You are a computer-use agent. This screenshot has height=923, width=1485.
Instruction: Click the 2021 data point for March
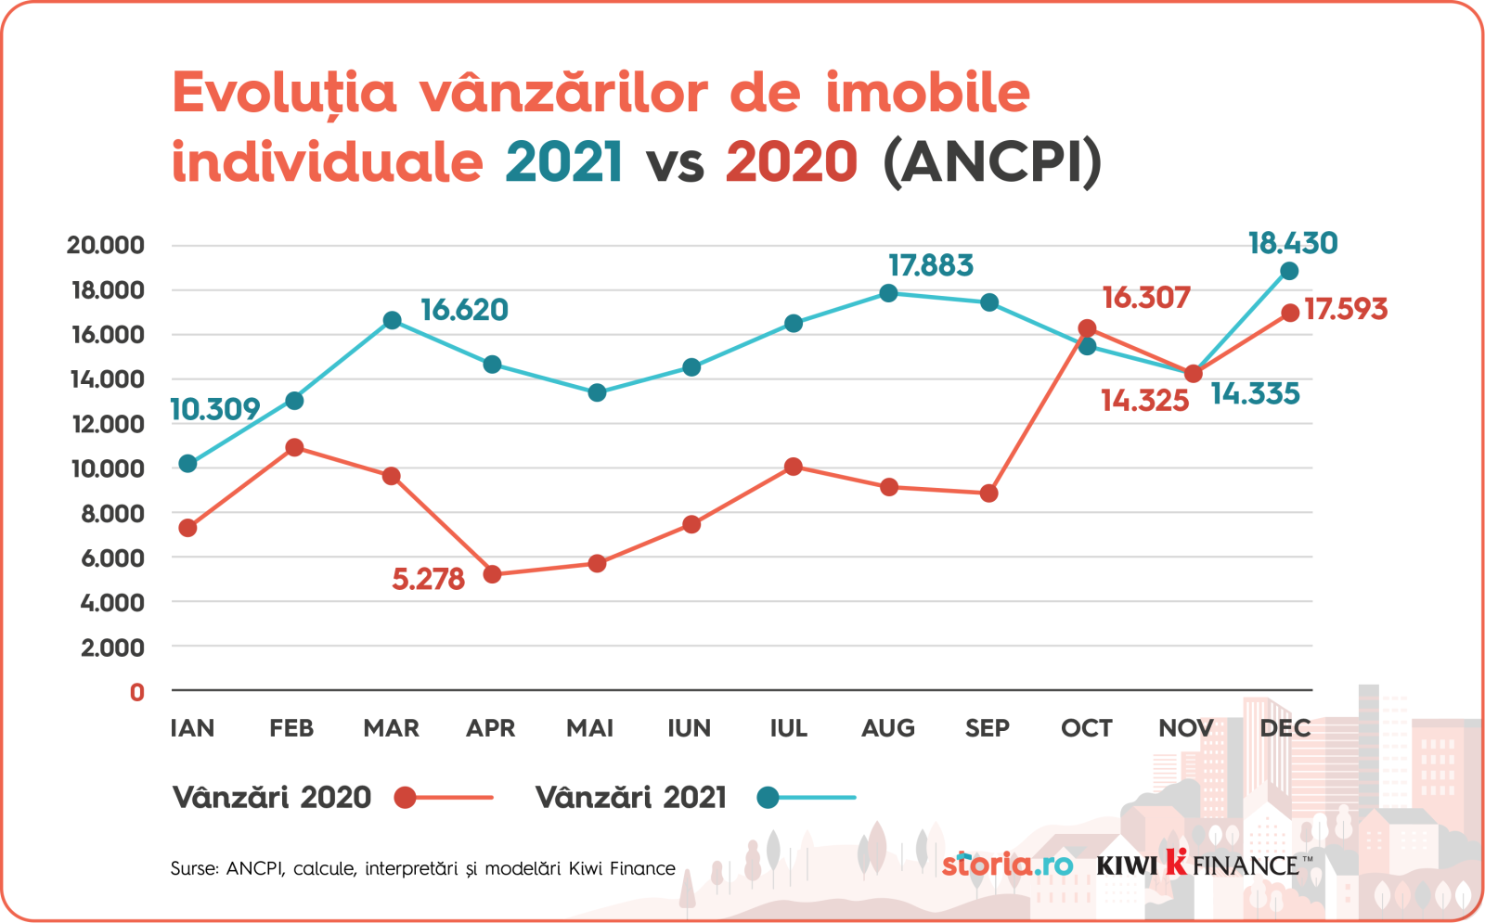click(x=392, y=320)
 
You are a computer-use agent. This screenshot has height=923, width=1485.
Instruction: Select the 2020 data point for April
click(x=492, y=574)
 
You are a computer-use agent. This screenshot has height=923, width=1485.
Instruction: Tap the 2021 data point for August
click(x=888, y=293)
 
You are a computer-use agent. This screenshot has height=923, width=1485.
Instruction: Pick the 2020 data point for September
click(x=988, y=494)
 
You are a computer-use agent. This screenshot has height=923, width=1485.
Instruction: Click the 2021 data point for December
click(x=1289, y=271)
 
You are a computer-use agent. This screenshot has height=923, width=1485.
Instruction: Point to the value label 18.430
click(x=1292, y=243)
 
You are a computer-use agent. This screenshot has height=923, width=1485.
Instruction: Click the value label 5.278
click(x=428, y=580)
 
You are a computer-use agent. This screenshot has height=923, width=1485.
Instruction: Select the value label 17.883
click(x=930, y=266)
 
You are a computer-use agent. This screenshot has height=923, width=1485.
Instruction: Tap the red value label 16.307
click(x=1145, y=298)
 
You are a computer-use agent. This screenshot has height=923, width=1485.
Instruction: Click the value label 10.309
click(x=214, y=409)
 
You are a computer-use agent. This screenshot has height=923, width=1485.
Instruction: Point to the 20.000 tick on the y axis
click(x=106, y=245)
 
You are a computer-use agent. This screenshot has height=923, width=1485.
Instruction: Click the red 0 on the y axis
click(x=137, y=692)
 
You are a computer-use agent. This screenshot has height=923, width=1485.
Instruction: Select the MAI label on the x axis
click(x=590, y=728)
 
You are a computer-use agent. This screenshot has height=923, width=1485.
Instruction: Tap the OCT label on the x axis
click(x=1086, y=728)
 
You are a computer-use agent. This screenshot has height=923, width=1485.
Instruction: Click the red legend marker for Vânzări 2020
click(x=405, y=798)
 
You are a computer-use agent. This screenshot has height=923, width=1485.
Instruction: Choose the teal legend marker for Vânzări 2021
click(x=768, y=798)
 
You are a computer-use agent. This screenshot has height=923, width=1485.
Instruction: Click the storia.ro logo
click(x=1007, y=865)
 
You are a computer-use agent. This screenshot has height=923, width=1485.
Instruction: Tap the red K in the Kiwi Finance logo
click(x=1176, y=862)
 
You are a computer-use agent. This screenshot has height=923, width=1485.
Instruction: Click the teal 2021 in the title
click(x=563, y=162)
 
